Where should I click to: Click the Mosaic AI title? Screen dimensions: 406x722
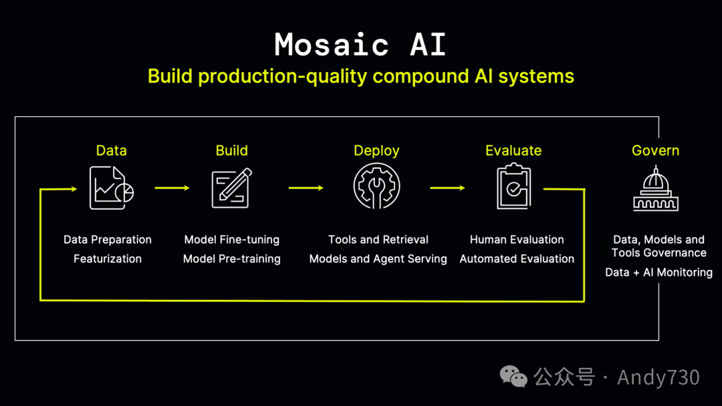point(360,45)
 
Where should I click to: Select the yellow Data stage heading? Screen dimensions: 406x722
point(111,151)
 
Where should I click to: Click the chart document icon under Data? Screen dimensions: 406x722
point(111,188)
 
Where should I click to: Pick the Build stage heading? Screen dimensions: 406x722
point(231,151)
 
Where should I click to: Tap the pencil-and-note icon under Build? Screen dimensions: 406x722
point(231,188)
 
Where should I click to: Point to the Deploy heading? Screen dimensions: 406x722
point(376,151)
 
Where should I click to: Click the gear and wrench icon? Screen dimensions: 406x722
point(376,188)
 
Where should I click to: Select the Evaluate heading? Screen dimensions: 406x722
point(513,151)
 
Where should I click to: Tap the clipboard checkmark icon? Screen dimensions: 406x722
point(513,188)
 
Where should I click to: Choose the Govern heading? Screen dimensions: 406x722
point(655,151)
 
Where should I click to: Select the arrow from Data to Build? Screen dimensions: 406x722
point(172,188)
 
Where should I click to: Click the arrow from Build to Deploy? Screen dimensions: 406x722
point(306,188)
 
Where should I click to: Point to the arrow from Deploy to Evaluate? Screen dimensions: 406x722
point(447,188)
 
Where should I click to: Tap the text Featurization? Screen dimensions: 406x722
point(108,259)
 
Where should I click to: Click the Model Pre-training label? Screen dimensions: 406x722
point(232,259)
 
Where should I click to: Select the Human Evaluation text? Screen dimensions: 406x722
point(517,240)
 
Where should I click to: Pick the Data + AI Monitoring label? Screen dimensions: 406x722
point(658,272)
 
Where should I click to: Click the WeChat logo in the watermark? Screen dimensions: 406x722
point(514,377)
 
